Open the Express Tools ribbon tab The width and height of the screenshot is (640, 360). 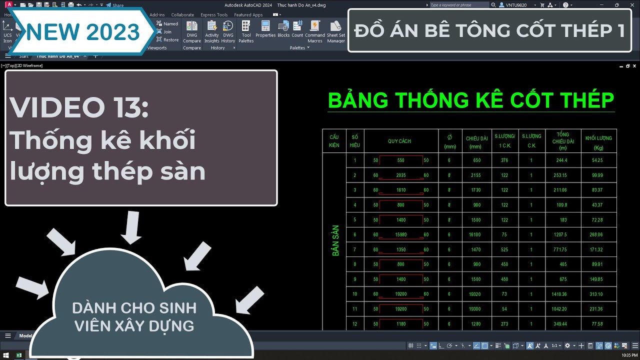214,15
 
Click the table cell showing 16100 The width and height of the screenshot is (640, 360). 474,235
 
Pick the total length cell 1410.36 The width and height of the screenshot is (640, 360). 561,294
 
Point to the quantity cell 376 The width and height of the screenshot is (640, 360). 504,160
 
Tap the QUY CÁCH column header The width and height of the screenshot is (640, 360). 399,141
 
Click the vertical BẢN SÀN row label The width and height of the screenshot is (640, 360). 335,240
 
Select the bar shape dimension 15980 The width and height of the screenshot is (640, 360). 400,235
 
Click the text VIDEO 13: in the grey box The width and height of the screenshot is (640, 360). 79,107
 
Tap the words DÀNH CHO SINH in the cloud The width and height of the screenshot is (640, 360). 134,307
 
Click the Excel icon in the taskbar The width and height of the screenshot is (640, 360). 18,355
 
